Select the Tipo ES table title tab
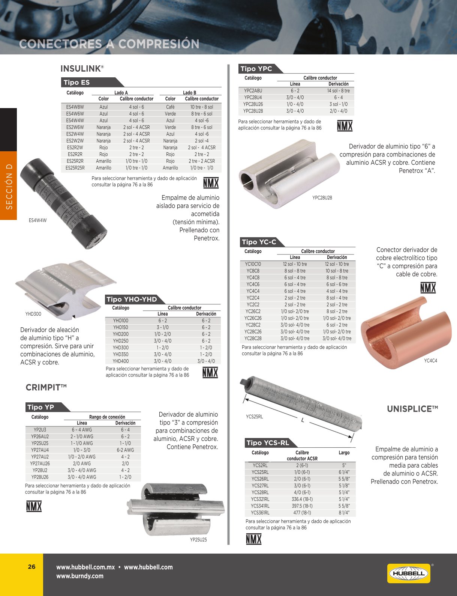tap(77, 83)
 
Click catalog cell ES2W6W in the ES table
tap(75, 127)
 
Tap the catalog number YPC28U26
tap(253, 104)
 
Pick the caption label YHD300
tap(33, 314)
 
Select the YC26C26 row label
tap(253, 318)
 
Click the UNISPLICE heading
tap(412, 409)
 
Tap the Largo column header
tap(344, 453)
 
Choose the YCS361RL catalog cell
tap(260, 513)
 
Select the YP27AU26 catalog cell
tap(40, 464)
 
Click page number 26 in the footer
tap(31, 567)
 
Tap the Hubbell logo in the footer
tap(409, 573)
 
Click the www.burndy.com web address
tap(79, 576)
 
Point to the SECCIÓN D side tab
tap(9, 186)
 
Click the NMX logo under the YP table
tap(34, 506)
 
